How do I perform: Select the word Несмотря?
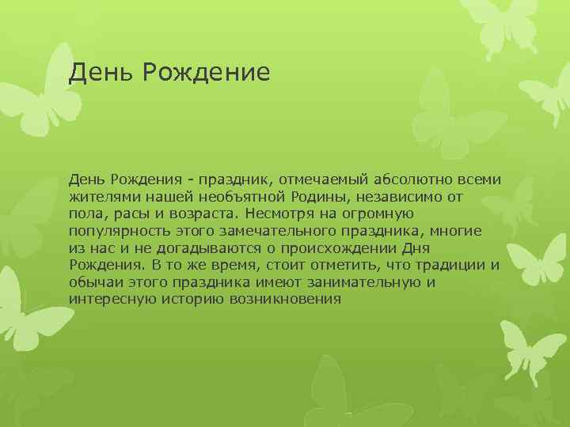pyautogui.click(x=281, y=213)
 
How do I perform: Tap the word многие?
pyautogui.click(x=456, y=230)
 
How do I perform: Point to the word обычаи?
pyautogui.click(x=95, y=282)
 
